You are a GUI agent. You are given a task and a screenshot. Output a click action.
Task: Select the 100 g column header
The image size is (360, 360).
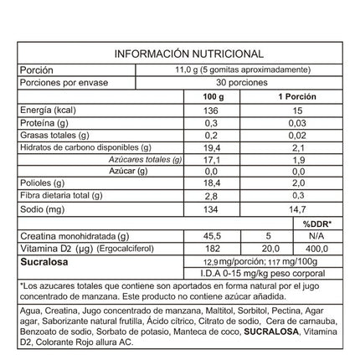point(217,97)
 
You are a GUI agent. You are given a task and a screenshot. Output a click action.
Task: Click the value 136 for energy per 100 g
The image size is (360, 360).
point(217,110)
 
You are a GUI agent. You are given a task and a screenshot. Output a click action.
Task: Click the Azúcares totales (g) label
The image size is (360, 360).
point(145,158)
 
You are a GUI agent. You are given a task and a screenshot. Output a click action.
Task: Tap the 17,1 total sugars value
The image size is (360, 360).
point(217,158)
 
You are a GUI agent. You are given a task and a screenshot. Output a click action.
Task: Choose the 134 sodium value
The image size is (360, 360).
point(217,207)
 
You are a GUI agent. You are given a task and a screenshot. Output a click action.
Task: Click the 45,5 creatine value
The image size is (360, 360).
point(217,237)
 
